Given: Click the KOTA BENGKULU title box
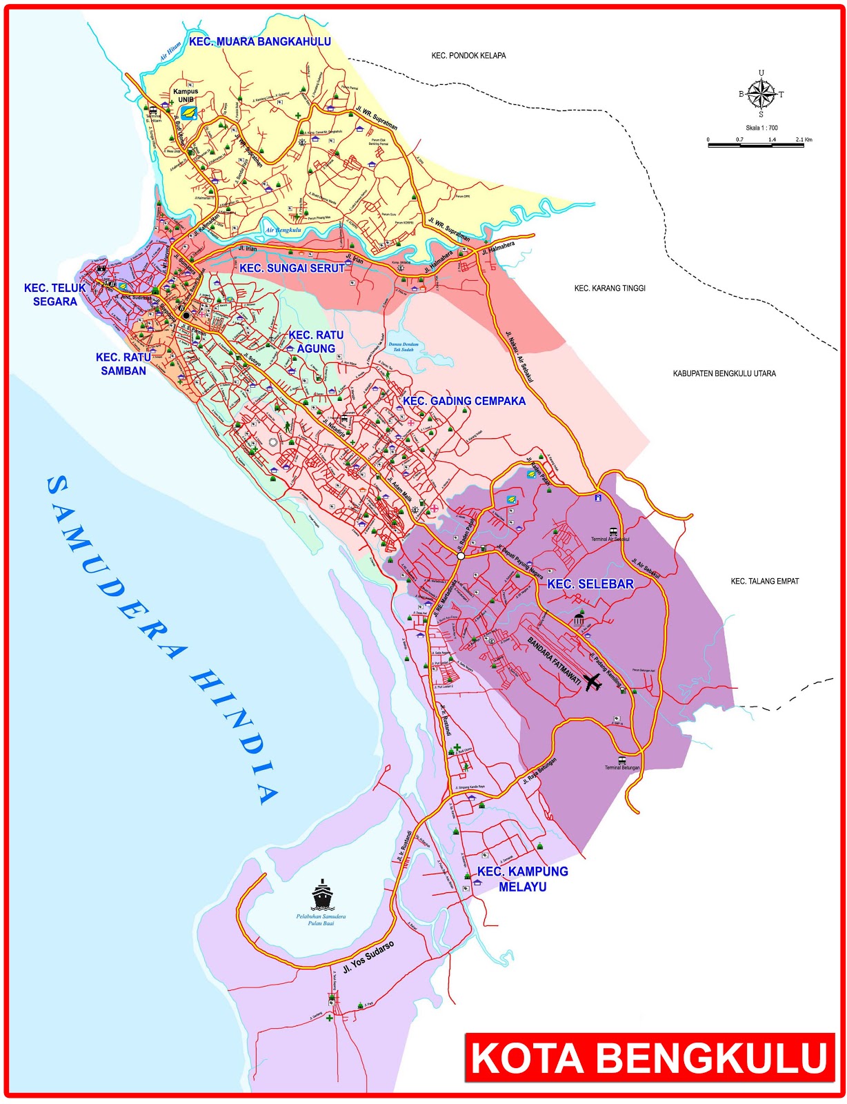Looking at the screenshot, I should point(649,1058).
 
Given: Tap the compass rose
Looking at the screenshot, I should point(761,95).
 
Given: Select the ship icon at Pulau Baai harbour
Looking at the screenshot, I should point(322,895).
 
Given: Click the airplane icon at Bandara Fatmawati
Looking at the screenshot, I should point(592,682).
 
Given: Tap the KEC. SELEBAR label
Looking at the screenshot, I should point(590,584).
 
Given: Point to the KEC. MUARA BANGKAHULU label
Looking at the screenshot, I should point(260,42).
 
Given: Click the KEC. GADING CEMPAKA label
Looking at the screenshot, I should point(464,401).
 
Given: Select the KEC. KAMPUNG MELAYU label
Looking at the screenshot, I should point(522,879).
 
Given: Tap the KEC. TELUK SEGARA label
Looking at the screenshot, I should point(55,295).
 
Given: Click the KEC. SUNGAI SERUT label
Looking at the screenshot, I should point(292,268).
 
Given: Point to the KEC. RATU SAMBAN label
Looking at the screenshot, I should point(123,364).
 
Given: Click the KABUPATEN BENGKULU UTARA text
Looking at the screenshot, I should point(724,373).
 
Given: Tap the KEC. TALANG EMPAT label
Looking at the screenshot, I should point(764,581).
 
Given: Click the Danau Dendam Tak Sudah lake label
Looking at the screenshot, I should point(402,347).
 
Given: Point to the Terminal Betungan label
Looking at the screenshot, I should point(622,767).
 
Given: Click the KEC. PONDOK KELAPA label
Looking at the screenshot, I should point(468,55).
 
